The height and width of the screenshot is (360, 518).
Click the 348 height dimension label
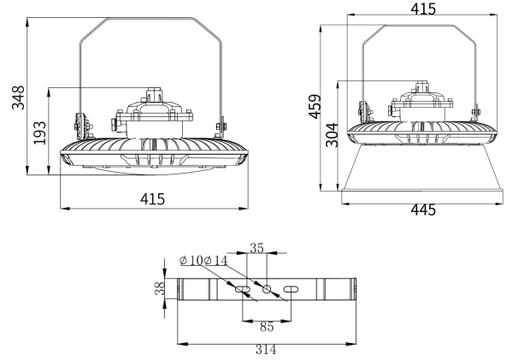[18, 97]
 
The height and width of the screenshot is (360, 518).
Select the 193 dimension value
[39, 133]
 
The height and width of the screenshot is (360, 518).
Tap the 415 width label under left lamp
[152, 199]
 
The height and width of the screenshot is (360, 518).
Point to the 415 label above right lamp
[423, 9]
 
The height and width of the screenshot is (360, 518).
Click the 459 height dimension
[315, 106]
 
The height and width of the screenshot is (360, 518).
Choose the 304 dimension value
[332, 134]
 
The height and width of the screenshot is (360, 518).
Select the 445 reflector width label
[423, 210]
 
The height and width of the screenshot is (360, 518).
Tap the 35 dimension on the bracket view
[256, 248]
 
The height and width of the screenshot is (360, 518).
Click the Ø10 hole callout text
[191, 261]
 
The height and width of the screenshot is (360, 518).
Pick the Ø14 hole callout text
[216, 261]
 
